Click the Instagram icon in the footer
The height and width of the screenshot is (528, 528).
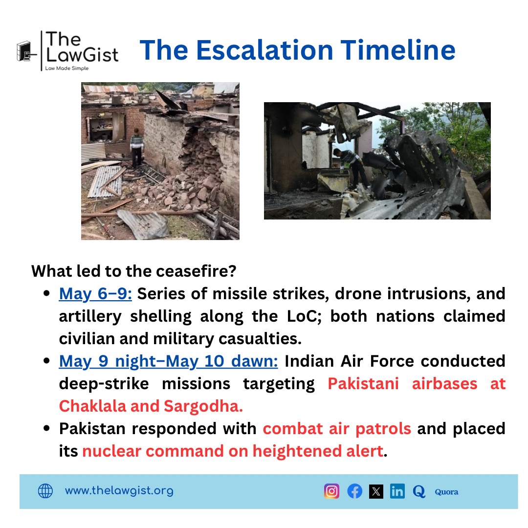(x=331, y=491)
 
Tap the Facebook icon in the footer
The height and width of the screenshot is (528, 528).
(x=354, y=491)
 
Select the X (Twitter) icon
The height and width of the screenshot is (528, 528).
(x=376, y=491)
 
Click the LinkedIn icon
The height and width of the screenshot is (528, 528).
(x=397, y=491)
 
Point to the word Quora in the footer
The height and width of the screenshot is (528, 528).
(x=446, y=492)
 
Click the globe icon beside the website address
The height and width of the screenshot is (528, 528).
(x=45, y=491)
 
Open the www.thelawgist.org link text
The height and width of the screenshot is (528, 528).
(x=119, y=491)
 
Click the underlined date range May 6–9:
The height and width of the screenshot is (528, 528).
(x=96, y=294)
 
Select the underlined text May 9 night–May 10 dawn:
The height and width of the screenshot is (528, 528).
(x=169, y=361)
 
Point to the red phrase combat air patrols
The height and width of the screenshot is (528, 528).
(x=337, y=428)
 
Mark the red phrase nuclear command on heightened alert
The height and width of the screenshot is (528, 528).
(x=232, y=451)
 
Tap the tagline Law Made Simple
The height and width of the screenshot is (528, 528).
(x=66, y=68)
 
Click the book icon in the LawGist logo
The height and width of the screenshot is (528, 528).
(x=24, y=50)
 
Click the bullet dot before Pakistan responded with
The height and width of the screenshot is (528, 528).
(x=47, y=429)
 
